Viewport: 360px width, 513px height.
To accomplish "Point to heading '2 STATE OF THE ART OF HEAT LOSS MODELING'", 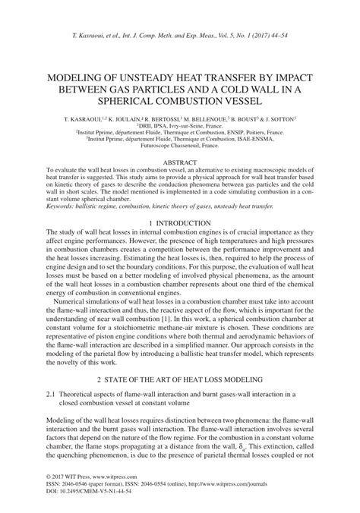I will click(180, 378).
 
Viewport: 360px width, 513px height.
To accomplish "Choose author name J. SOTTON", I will click(279, 119).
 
